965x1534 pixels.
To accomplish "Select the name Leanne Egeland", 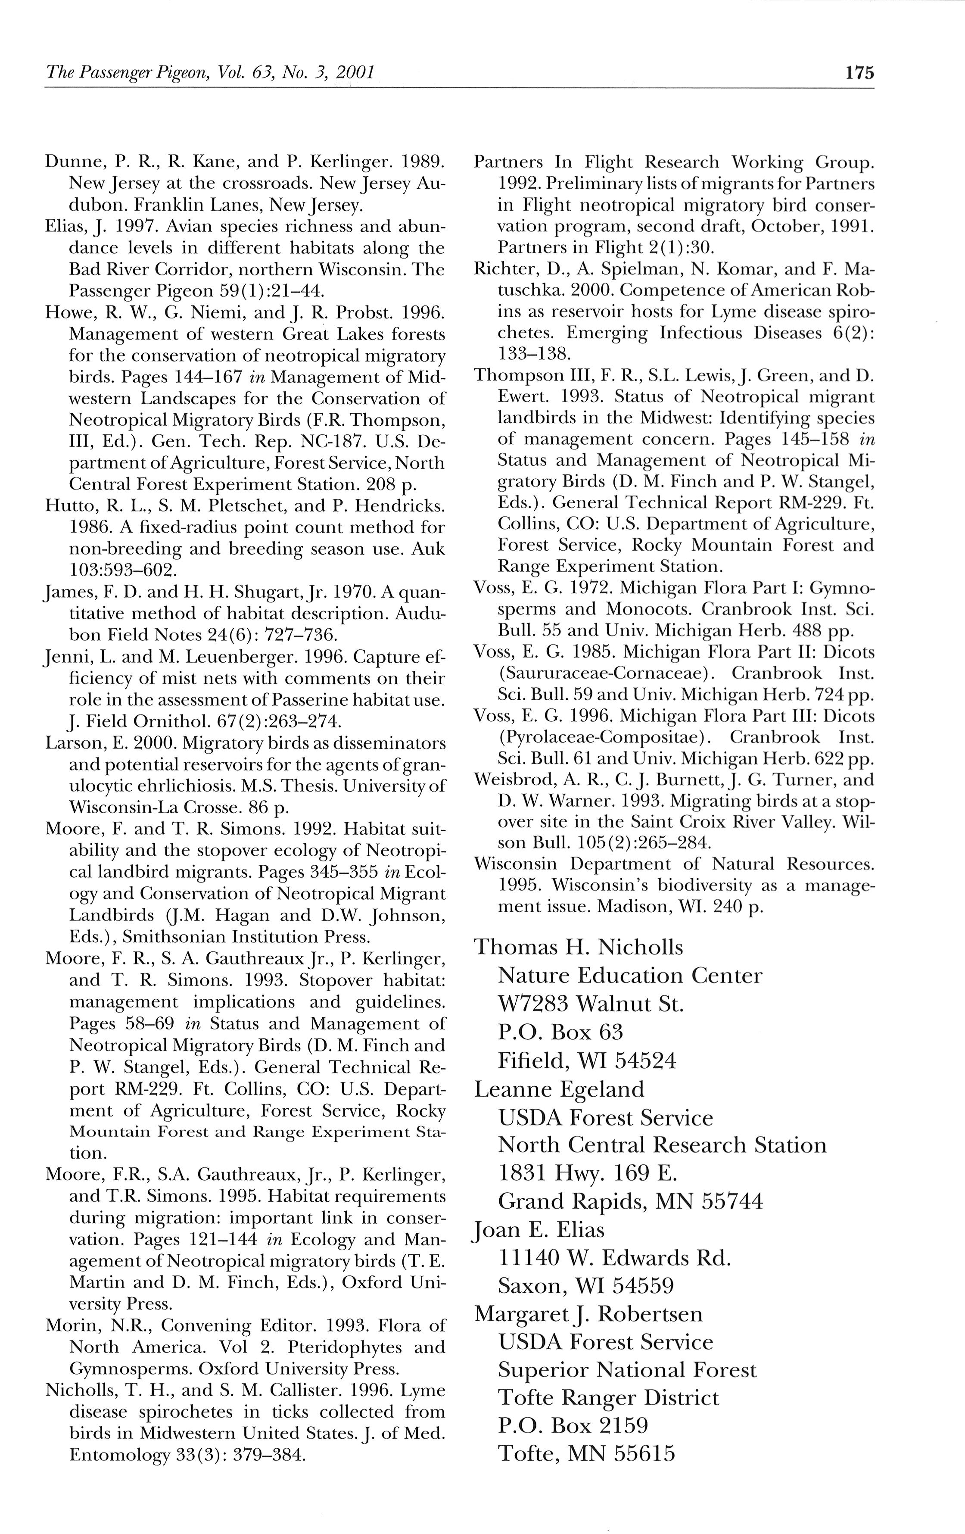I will point(559,1089).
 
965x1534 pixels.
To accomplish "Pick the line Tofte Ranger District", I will point(608,1398).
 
